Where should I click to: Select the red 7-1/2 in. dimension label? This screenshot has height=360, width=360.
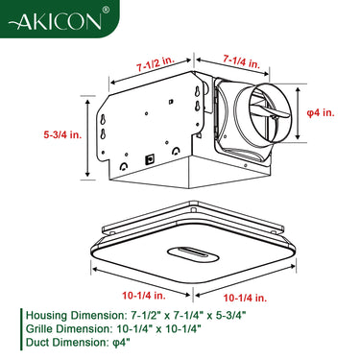click(156, 66)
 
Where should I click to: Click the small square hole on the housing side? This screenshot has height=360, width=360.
click(149, 156)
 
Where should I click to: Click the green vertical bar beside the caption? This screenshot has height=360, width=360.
click(20, 328)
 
